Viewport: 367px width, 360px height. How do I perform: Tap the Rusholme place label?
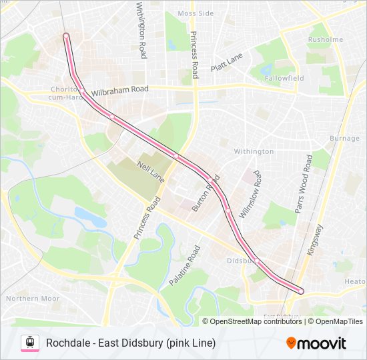tap(326, 40)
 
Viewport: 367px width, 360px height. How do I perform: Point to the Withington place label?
tap(254, 151)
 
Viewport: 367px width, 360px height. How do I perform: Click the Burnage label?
tap(344, 139)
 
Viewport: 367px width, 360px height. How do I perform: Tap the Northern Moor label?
tap(33, 299)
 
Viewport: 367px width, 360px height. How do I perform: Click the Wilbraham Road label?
tap(120, 89)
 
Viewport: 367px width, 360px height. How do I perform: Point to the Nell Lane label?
tap(150, 171)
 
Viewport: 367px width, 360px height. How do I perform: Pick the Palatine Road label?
tap(184, 265)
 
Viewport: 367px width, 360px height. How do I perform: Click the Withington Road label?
tap(141, 30)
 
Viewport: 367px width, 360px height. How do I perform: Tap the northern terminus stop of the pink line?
tap(66, 35)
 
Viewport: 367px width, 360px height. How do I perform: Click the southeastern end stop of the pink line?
tap(301, 291)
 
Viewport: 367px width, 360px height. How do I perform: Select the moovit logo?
tap(316, 343)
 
